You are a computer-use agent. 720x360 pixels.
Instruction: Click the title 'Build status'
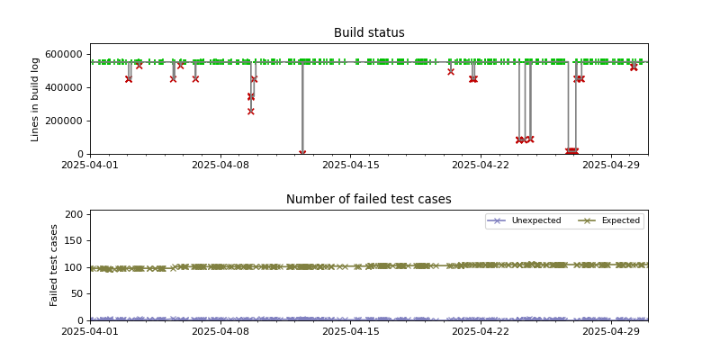369,33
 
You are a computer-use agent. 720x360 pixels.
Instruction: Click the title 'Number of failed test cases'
369,200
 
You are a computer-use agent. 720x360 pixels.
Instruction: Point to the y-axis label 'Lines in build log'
36,99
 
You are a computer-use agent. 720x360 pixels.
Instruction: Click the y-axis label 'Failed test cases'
54,265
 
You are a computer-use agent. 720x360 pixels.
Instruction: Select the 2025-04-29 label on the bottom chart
611,331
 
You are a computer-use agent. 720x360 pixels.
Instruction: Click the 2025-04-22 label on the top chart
481,165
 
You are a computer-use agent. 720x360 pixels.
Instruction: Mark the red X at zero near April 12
302,153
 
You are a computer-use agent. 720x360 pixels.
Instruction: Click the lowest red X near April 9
251,112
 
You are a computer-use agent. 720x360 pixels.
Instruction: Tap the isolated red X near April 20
451,71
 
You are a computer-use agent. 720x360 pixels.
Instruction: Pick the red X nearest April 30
634,67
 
